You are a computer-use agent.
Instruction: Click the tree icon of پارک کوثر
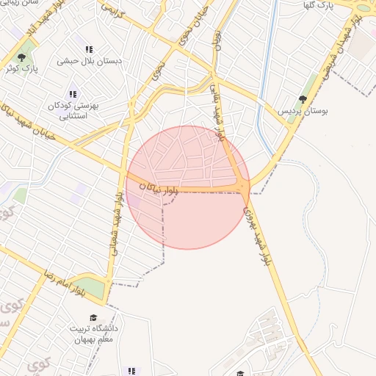click(x=23, y=56)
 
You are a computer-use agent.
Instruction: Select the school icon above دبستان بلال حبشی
click(x=90, y=49)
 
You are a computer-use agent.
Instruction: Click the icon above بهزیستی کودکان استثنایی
click(x=72, y=93)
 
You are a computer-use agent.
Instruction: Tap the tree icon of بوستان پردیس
click(x=303, y=99)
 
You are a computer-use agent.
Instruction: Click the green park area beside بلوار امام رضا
click(x=90, y=288)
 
